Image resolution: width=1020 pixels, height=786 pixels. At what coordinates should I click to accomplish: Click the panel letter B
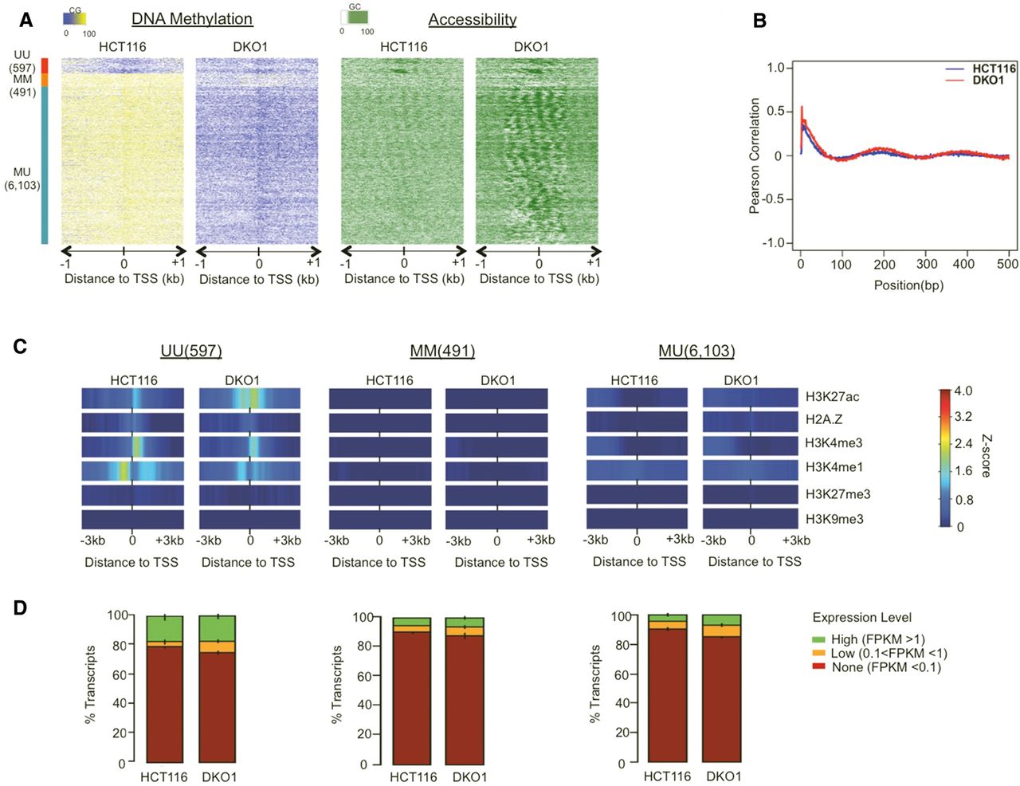point(759,21)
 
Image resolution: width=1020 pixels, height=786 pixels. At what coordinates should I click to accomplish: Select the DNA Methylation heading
point(192,19)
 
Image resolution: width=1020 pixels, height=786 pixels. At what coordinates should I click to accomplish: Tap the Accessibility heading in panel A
point(473,20)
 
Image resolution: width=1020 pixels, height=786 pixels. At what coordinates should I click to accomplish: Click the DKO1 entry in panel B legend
point(988,81)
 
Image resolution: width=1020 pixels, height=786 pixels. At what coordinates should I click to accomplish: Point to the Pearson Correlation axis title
point(754,156)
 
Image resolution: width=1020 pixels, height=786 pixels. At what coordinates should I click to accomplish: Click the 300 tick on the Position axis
point(927,264)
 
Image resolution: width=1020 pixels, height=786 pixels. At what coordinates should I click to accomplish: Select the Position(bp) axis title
point(908,285)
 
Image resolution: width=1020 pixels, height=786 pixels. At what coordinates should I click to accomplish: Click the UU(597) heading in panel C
point(190,351)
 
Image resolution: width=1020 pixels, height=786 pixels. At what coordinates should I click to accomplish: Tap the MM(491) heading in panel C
point(442,351)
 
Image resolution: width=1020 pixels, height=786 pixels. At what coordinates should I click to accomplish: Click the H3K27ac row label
point(832,397)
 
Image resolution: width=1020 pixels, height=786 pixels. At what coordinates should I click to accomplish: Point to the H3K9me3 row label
point(834,519)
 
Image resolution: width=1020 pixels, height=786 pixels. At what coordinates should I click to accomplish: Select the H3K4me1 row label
point(834,467)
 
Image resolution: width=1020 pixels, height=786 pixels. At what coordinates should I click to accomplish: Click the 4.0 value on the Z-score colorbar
point(963,391)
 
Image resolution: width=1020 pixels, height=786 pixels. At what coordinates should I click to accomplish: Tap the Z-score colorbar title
point(986,456)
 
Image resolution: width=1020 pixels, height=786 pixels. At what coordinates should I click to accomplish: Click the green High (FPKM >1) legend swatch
point(818,640)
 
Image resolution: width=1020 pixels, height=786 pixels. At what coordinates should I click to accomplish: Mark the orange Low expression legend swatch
point(818,654)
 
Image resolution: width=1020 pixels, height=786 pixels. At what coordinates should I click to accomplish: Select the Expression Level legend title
point(861,618)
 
